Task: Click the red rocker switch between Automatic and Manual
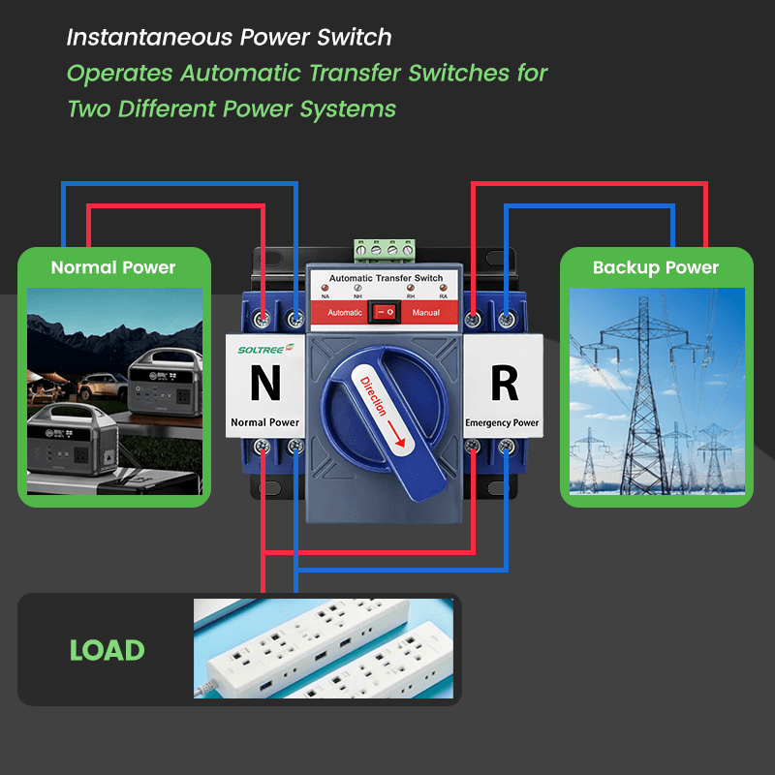pos(387,313)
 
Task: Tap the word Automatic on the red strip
pos(345,313)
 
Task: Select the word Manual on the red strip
pos(426,313)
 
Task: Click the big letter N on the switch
pos(264,384)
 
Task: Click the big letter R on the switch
pos(504,384)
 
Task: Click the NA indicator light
pos(324,291)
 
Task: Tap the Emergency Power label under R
pos(502,423)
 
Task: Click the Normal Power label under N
pos(264,423)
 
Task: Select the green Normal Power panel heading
pos(113,267)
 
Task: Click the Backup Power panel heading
pos(656,267)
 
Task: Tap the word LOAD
pos(107,651)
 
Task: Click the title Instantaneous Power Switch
pos(229,38)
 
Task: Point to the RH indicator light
pos(412,291)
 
